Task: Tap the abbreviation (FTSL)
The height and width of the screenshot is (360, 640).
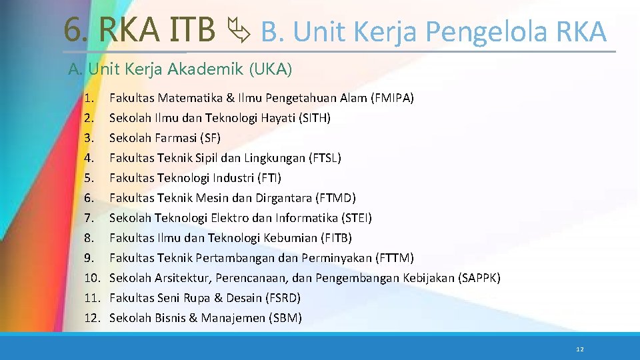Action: click(325, 158)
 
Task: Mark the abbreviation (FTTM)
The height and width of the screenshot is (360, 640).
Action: click(395, 258)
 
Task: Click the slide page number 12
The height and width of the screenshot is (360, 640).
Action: click(579, 349)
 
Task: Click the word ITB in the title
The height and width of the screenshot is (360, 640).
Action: click(193, 30)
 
